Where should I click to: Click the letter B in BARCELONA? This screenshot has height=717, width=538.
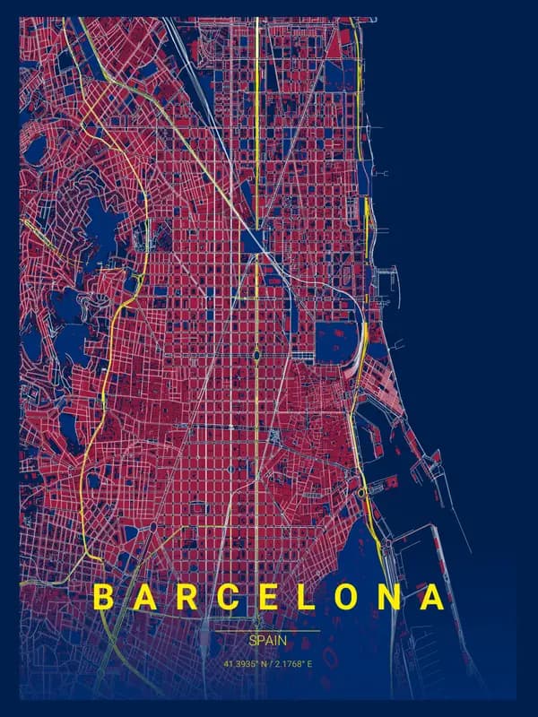click(104, 598)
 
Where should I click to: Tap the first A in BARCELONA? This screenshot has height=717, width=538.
click(144, 598)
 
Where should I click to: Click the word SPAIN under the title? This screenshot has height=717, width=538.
click(268, 642)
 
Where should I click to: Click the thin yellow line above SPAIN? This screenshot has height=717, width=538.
click(268, 631)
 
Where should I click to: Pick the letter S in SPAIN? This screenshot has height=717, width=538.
click(253, 642)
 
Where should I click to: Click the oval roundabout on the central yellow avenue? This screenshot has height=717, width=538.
click(256, 356)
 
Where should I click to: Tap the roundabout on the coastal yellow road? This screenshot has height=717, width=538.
click(361, 492)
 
